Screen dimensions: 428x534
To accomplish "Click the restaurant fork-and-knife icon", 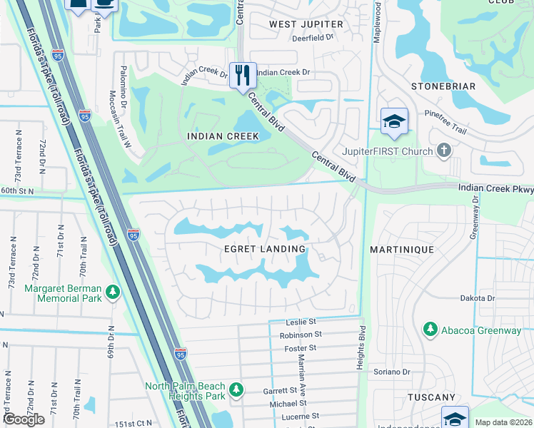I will (x=243, y=74).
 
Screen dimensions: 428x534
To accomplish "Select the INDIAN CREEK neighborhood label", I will (x=218, y=136).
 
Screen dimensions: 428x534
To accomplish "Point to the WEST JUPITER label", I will (x=306, y=24).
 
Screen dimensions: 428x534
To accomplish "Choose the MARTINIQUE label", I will (x=401, y=249).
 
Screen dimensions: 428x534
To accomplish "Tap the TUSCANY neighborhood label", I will (x=431, y=397).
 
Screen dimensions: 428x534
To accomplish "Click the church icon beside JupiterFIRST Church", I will (x=444, y=151).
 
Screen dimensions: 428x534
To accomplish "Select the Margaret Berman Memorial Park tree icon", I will (x=112, y=292).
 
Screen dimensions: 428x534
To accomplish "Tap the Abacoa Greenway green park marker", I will (x=430, y=329).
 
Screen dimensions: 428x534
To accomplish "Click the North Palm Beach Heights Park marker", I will (x=236, y=390).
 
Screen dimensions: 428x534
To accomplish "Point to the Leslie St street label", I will (x=300, y=322).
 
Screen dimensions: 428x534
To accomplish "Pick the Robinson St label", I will (x=301, y=335).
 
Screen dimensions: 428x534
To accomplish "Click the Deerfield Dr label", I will (x=313, y=38).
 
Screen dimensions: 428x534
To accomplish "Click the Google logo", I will (x=24, y=419).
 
